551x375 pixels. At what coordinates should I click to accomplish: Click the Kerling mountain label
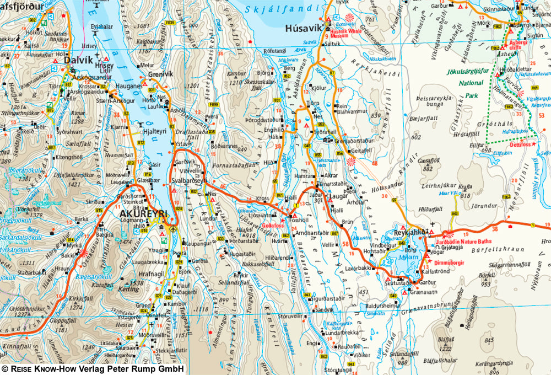click(132, 289)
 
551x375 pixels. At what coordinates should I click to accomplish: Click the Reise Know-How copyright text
click(93, 369)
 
